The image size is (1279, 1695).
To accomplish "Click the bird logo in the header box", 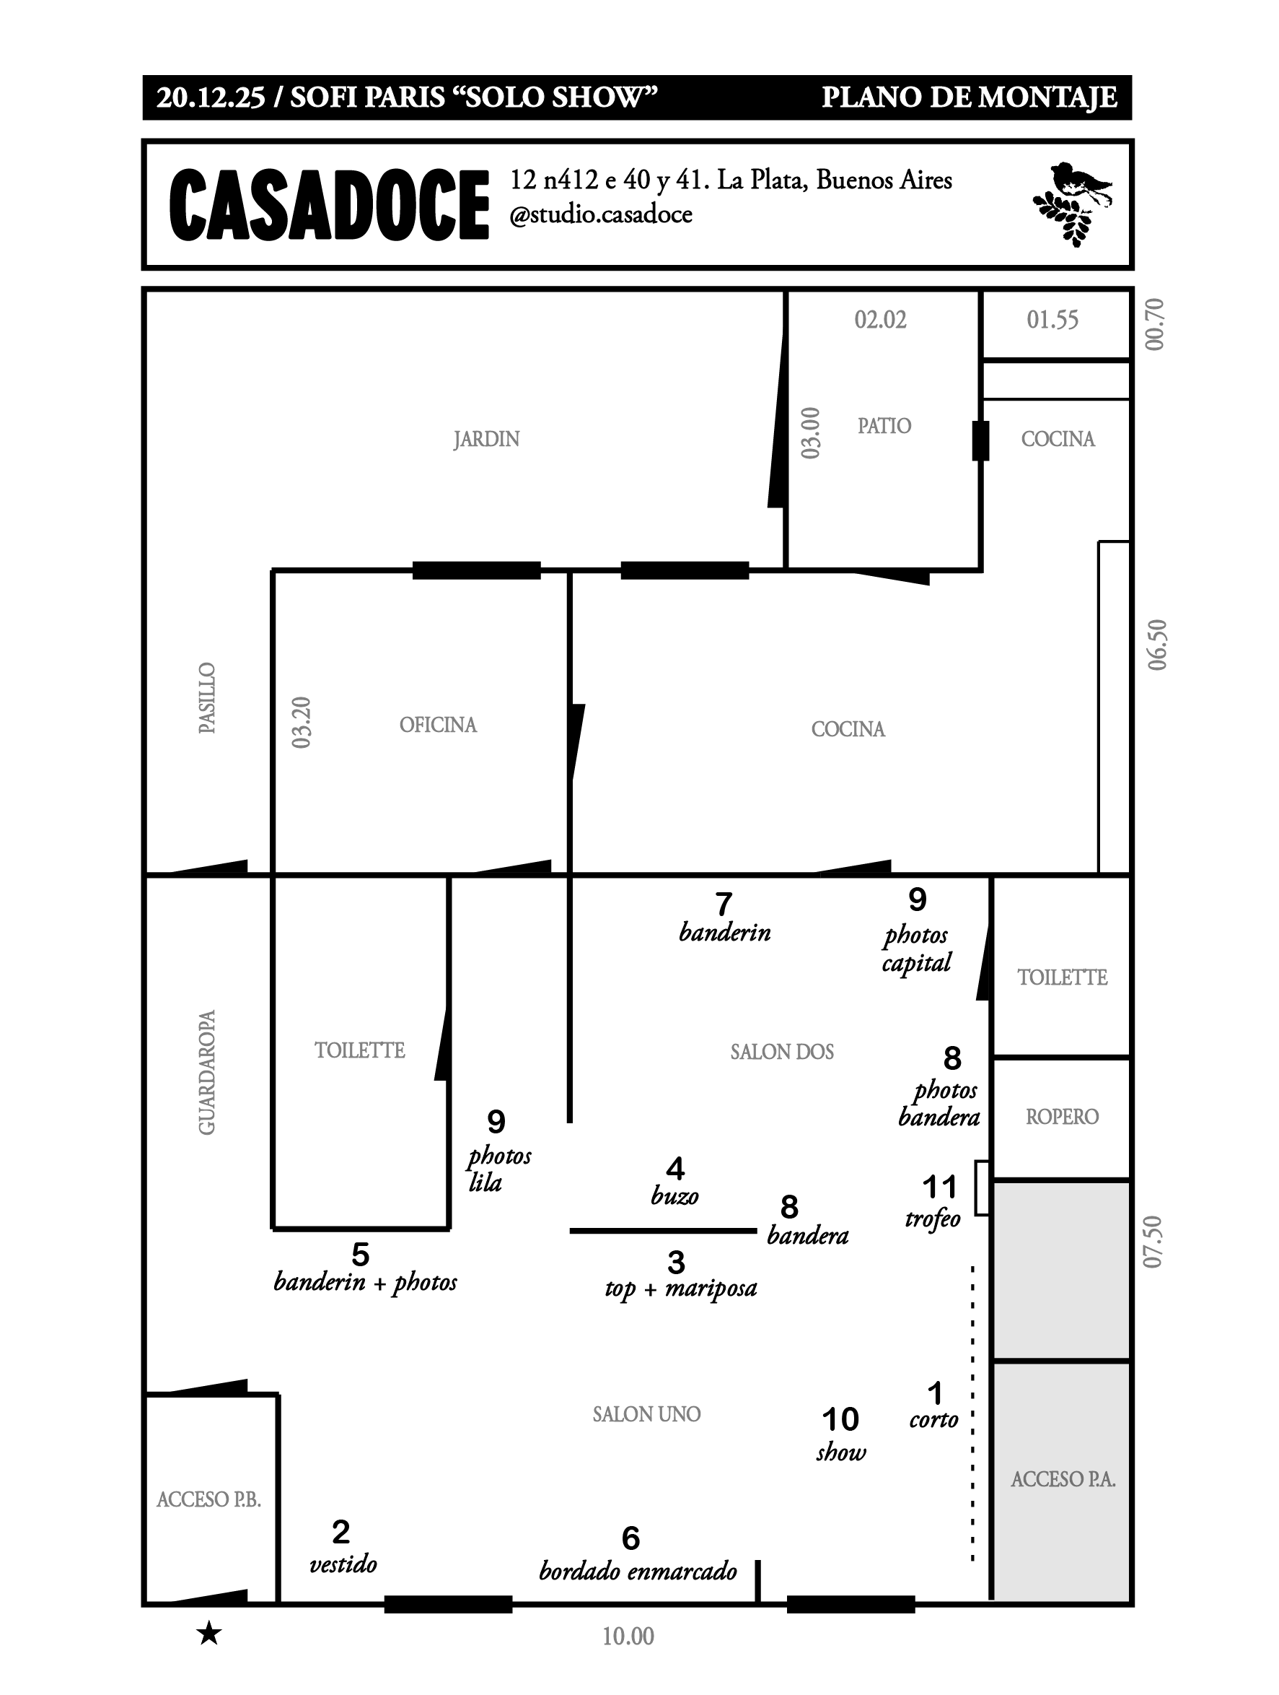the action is [x=1071, y=202].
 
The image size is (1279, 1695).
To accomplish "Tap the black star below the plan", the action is [x=209, y=1634].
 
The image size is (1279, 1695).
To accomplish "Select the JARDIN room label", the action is [x=486, y=439].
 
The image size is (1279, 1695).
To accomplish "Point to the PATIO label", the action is [x=884, y=426].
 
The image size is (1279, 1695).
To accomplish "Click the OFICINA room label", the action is [x=438, y=725].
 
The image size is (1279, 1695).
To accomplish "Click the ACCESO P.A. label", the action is [x=1063, y=1479].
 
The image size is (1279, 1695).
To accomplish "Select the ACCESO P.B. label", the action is [x=209, y=1499].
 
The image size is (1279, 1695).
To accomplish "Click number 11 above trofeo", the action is [x=940, y=1187].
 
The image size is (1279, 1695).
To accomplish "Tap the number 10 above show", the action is [x=840, y=1419].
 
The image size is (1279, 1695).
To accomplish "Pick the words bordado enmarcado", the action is [x=638, y=1571].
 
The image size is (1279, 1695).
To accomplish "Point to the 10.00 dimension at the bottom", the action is [x=628, y=1636].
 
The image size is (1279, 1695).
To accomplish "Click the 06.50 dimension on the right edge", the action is [x=1157, y=645].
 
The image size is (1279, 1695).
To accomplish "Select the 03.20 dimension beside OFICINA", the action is [x=302, y=722].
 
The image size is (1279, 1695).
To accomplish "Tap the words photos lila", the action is [x=498, y=1169].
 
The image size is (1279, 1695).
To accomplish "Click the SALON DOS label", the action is [x=782, y=1051].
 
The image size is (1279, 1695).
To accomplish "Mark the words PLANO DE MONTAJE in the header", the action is [x=969, y=97].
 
